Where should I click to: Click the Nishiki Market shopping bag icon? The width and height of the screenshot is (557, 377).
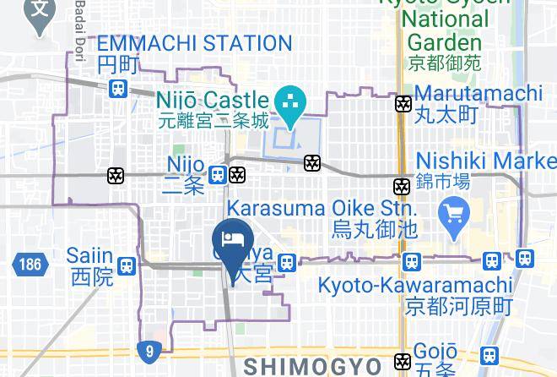pyautogui.click(x=454, y=210)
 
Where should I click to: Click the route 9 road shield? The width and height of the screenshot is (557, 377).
pyautogui.click(x=149, y=348)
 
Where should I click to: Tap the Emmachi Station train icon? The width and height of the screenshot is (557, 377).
pyautogui.click(x=118, y=87)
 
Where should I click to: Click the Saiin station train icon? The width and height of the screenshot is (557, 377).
pyautogui.click(x=127, y=265)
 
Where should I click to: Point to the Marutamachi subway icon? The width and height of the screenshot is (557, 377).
pyautogui.click(x=403, y=104)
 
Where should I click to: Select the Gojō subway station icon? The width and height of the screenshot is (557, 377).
pyautogui.click(x=404, y=361)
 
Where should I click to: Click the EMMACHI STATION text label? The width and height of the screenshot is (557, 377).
pyautogui.click(x=194, y=43)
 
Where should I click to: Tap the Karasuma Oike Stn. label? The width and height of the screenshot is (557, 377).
pyautogui.click(x=320, y=208)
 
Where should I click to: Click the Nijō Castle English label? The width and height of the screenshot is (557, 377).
pyautogui.click(x=212, y=101)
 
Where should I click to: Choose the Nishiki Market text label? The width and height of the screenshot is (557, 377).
pyautogui.click(x=485, y=161)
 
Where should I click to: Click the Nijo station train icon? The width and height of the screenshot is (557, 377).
pyautogui.click(x=218, y=175)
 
